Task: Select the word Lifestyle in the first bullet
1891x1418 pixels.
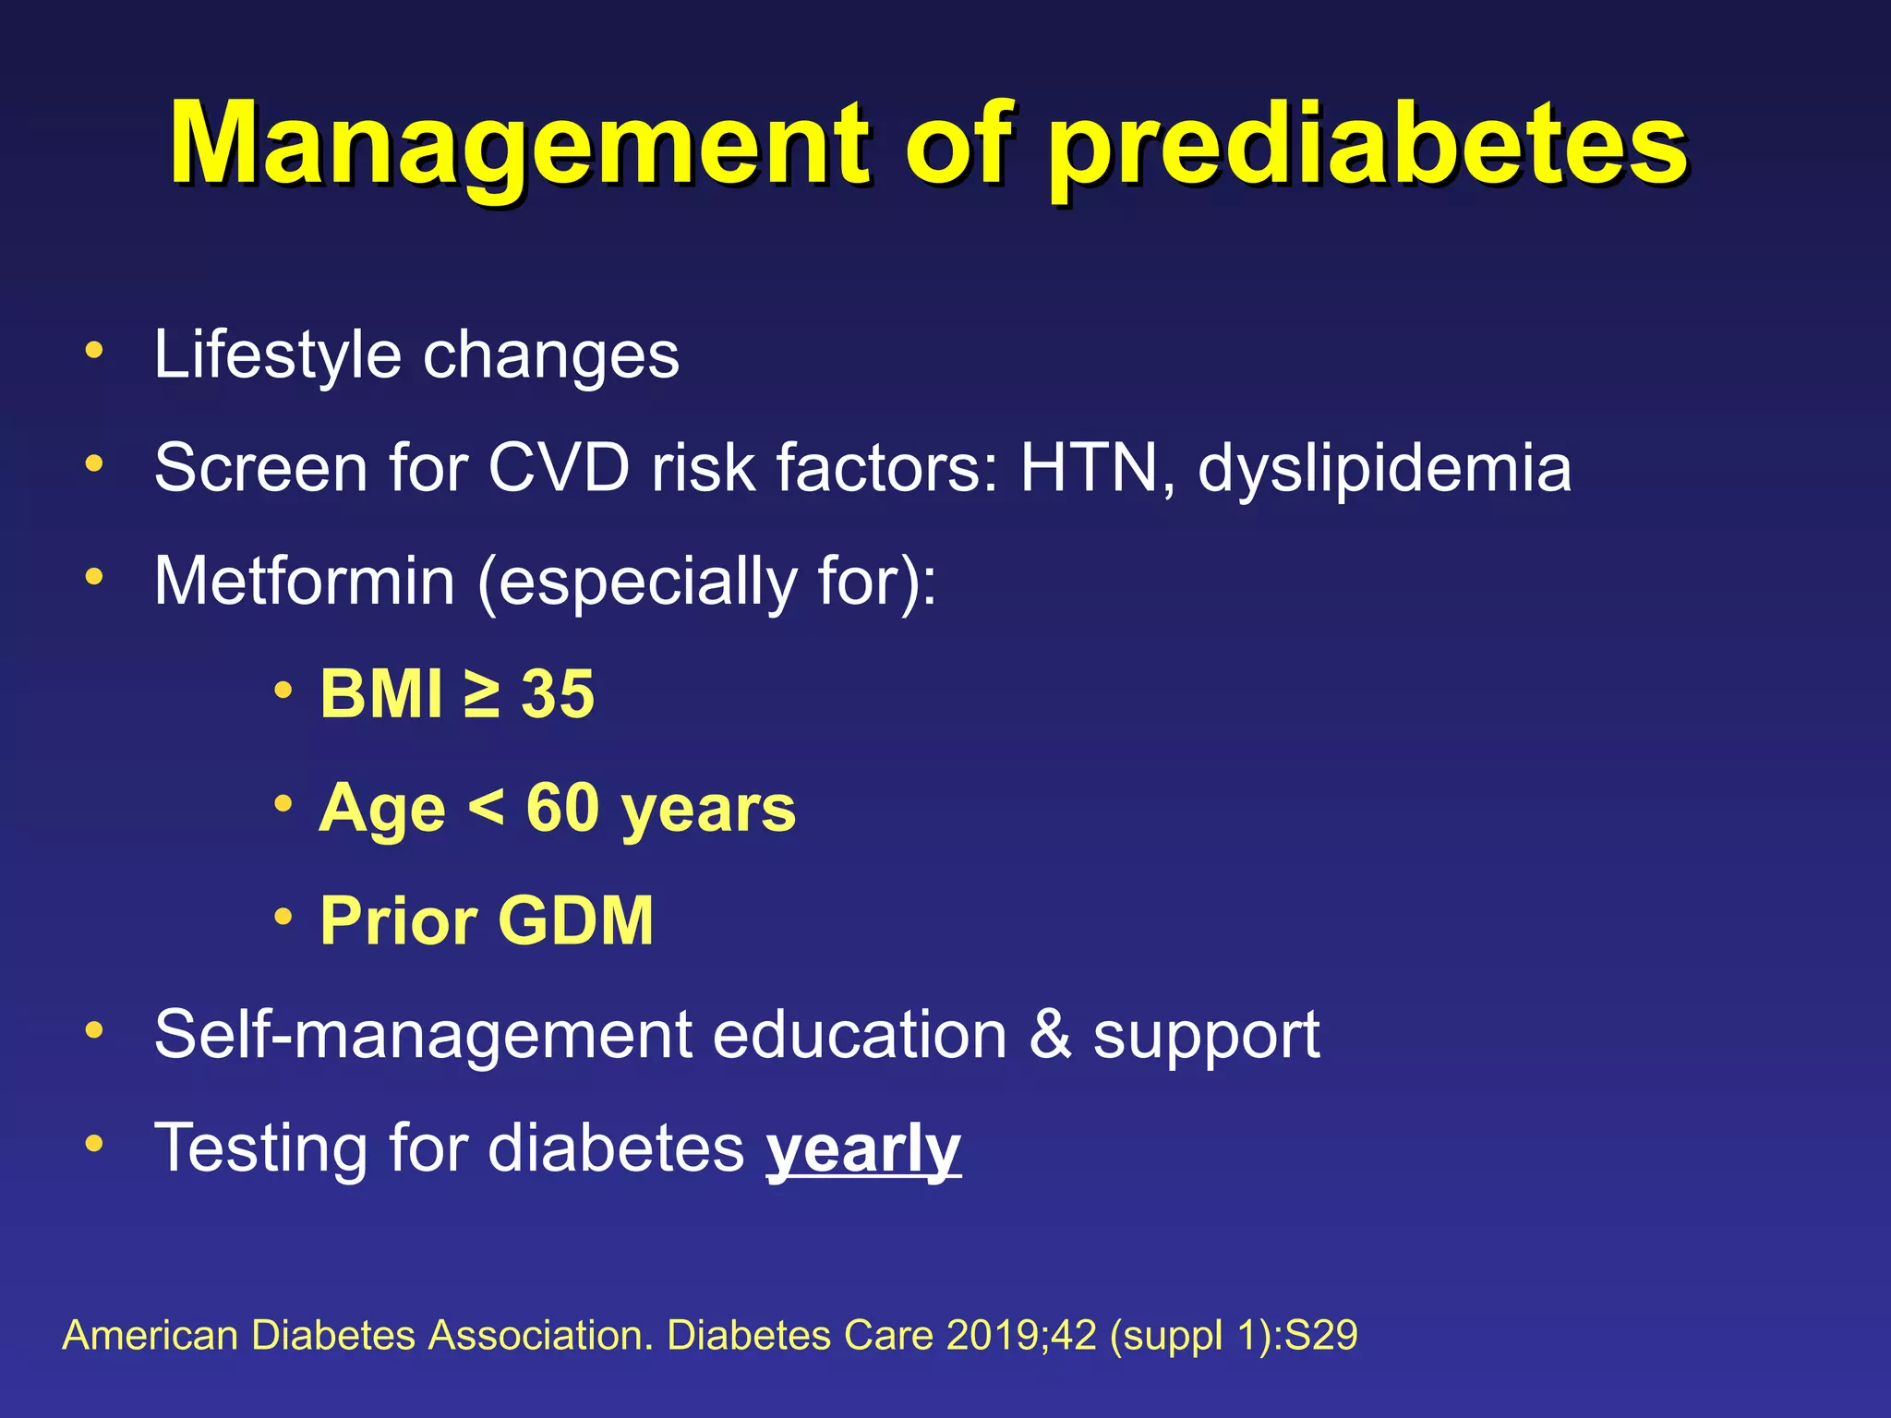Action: tap(277, 355)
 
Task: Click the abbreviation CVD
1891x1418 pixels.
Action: tap(558, 468)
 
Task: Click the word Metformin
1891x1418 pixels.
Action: tap(305, 582)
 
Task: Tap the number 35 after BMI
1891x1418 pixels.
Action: tap(558, 694)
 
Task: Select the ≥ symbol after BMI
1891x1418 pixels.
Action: tap(482, 694)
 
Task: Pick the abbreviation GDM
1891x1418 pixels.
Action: tap(576, 920)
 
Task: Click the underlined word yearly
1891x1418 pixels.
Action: tap(863, 1149)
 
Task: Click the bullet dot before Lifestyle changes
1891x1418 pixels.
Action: tap(93, 351)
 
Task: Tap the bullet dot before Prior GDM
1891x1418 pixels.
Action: tap(283, 917)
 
